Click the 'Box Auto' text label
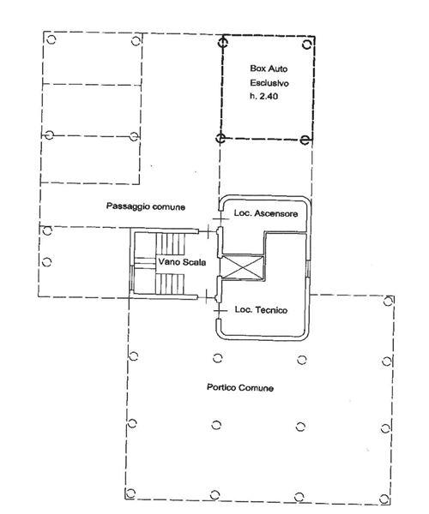269,69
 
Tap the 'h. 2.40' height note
263,96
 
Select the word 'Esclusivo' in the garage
269,83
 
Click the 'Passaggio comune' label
146,206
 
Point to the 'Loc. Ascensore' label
266,213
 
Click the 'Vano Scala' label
182,262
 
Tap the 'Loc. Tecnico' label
261,310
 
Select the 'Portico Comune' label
240,387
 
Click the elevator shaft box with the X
243,267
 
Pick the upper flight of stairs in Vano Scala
171,243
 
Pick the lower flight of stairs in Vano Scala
169,284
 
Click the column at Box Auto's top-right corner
307,45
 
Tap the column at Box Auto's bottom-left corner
221,138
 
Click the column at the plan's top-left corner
51,39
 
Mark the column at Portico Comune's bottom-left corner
130,493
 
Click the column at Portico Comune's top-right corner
389,301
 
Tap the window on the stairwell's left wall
131,278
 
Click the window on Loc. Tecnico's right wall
307,269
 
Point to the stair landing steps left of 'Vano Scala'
145,263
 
